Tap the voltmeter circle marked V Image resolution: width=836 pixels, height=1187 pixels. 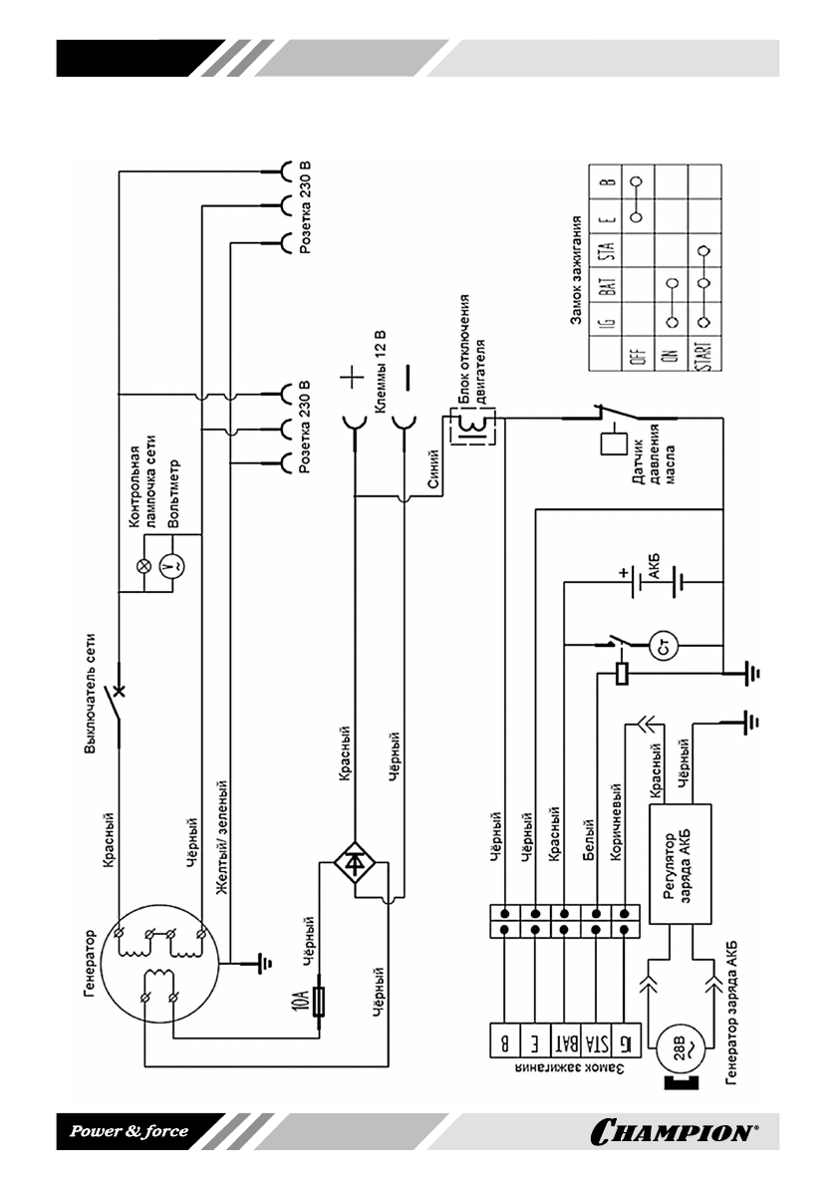coord(172,565)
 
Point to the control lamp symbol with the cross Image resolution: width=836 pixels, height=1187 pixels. coord(141,565)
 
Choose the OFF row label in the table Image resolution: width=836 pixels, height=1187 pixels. coord(641,352)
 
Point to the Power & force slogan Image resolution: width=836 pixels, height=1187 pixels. coord(128,1130)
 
